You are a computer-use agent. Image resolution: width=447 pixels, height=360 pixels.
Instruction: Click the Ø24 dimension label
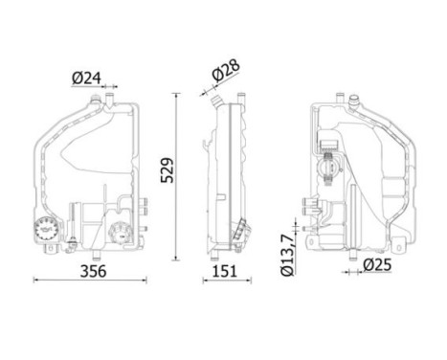[x=86, y=79]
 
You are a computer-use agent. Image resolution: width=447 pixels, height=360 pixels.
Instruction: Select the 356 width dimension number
[x=91, y=271]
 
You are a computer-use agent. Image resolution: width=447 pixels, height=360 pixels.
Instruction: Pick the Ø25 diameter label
[x=376, y=266]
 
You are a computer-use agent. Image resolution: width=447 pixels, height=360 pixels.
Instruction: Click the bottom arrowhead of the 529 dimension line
[x=175, y=258]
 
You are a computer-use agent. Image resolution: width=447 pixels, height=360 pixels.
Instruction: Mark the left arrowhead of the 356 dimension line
[x=35, y=281]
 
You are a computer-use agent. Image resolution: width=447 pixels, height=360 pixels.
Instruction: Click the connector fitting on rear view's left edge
[x=309, y=204]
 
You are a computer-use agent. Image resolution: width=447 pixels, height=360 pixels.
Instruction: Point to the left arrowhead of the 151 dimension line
[x=204, y=281]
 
